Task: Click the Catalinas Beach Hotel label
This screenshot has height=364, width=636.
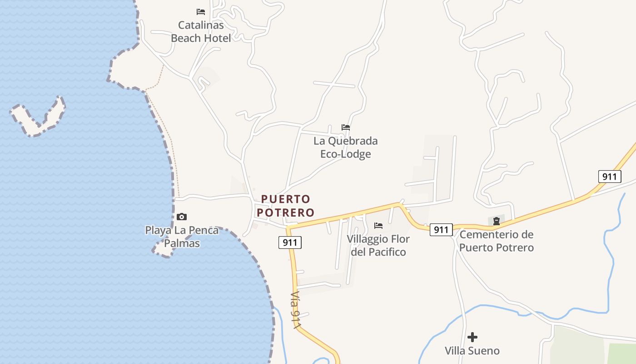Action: coord(201,31)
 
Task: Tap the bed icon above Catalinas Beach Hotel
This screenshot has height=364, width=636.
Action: coord(201,11)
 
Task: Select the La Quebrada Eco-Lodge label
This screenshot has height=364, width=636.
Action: coord(345,147)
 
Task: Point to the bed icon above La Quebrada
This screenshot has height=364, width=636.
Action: coord(346,127)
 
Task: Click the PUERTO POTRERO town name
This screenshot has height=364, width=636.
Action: coord(285,206)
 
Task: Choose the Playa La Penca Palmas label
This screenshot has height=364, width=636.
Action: coord(182,237)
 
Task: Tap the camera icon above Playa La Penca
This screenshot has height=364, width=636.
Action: coord(182,217)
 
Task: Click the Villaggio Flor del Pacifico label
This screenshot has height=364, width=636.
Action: coord(378,245)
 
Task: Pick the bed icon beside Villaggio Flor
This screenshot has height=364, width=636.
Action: coord(378,226)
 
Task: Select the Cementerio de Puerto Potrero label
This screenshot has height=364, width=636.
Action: coord(496,241)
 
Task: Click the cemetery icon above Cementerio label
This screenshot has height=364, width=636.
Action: coord(497,221)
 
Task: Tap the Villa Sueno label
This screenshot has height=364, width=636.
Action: coord(472,351)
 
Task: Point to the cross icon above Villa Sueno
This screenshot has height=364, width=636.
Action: coord(472,337)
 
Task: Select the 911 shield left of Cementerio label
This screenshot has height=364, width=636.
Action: coord(441,230)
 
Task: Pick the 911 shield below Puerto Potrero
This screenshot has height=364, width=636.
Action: coord(290,243)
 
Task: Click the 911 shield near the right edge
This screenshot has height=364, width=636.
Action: coord(609,177)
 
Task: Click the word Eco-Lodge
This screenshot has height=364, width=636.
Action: coord(345,154)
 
